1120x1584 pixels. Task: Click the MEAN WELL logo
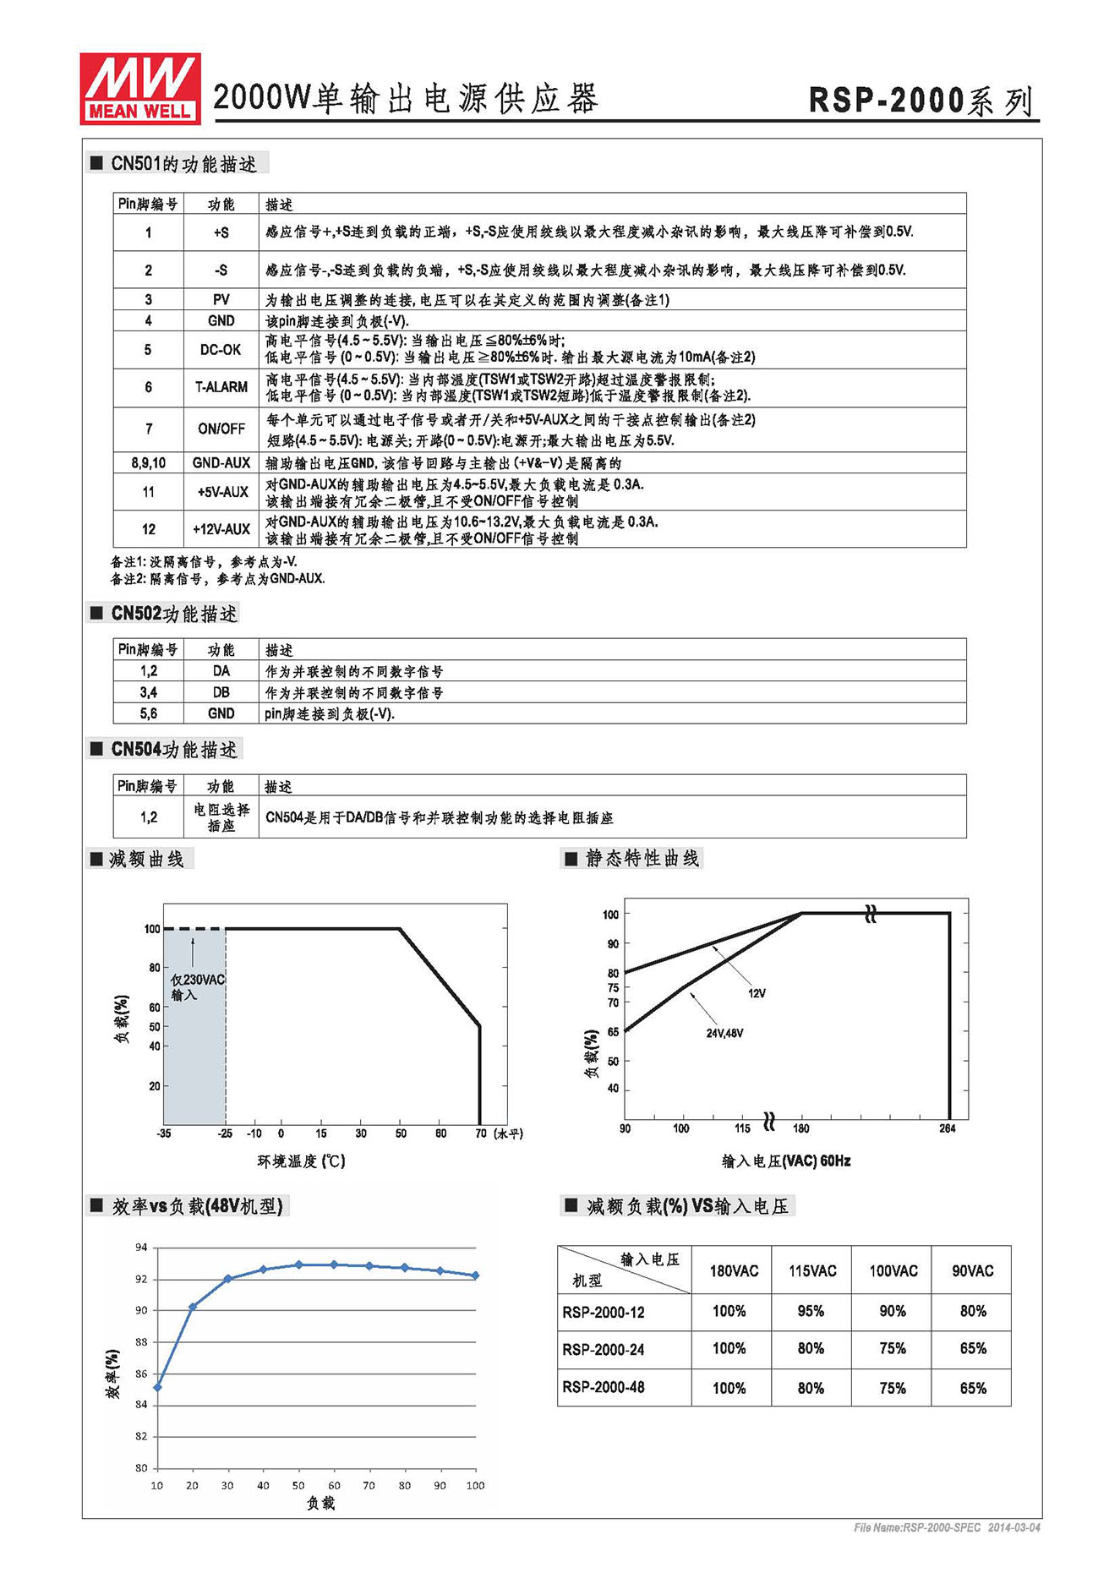[140, 89]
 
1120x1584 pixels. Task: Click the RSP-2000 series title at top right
[921, 101]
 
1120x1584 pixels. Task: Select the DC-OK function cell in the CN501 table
[221, 350]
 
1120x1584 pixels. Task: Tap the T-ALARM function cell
[221, 387]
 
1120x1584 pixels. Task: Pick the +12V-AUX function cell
[221, 529]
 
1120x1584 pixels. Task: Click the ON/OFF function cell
[221, 429]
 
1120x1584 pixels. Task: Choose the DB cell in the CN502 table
[221, 692]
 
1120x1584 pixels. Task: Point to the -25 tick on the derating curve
[225, 1133]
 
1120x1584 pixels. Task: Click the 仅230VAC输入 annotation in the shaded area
[197, 987]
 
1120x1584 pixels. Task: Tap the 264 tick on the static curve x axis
[948, 1128]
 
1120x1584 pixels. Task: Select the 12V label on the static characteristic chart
[757, 993]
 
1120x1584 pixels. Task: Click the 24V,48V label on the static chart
[724, 1033]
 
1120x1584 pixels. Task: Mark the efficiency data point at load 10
[157, 1387]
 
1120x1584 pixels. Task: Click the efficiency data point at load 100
[475, 1275]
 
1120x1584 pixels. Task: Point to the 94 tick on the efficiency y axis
[141, 1247]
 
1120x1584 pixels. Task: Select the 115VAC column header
[811, 1270]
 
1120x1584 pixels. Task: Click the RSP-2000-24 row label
[603, 1350]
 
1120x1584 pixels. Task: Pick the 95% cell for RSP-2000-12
[810, 1311]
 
